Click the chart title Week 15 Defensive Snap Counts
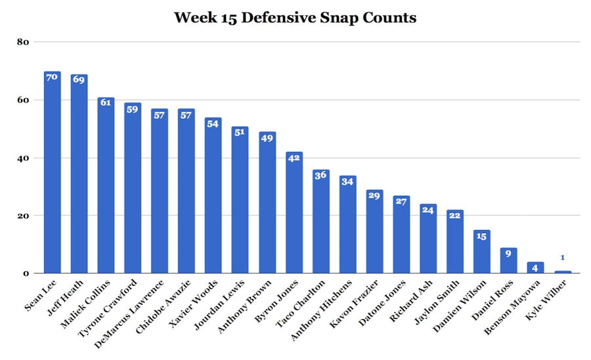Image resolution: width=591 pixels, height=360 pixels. [x=295, y=18]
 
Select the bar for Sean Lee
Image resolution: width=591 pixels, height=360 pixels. [x=52, y=174]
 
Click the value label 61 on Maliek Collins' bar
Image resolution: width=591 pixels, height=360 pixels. [x=106, y=102]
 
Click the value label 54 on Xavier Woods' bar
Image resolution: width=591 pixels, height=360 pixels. [x=213, y=123]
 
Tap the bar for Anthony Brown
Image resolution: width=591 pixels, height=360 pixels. [x=267, y=203]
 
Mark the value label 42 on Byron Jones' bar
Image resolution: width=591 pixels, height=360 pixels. [x=294, y=158]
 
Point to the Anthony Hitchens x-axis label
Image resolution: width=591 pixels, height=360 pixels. [x=328, y=306]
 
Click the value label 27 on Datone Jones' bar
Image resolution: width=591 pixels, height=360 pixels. [x=401, y=201]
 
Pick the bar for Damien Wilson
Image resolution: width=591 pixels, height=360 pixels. [x=481, y=252]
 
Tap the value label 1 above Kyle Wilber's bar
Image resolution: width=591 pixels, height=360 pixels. [x=562, y=258]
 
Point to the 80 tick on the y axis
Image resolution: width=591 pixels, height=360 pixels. [x=24, y=42]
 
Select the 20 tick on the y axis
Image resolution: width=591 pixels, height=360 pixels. [x=24, y=215]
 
